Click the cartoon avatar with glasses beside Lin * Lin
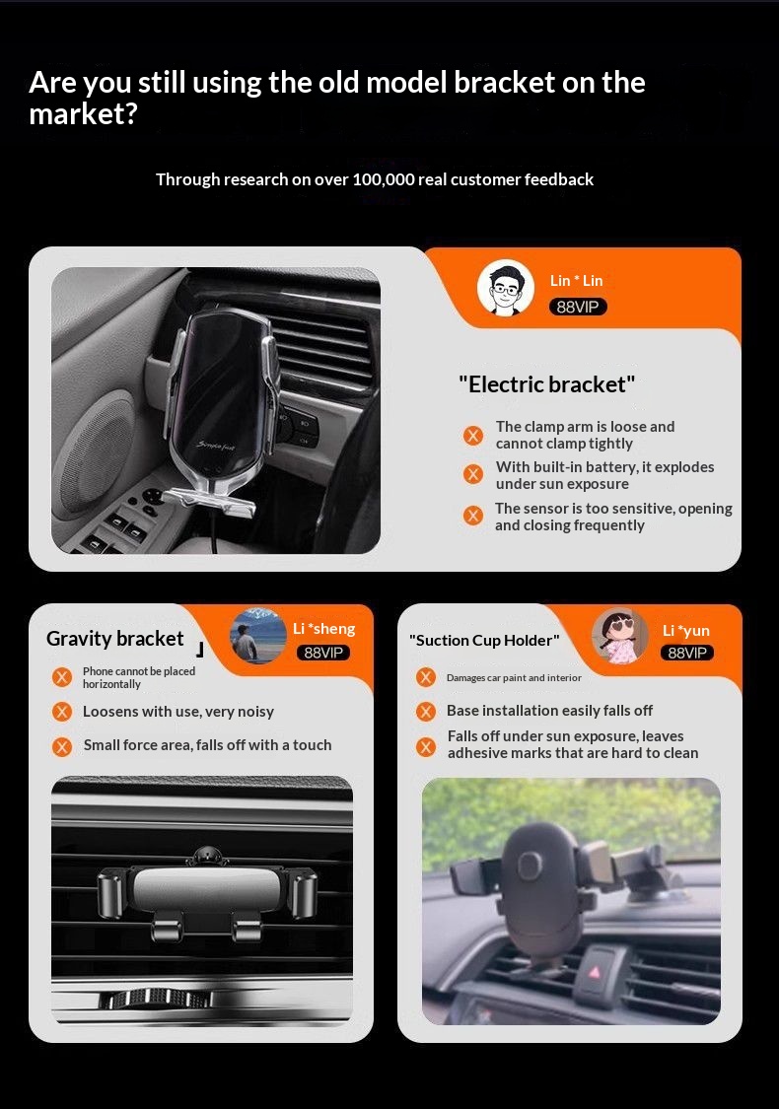505,287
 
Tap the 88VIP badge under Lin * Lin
578,307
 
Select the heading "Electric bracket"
547,384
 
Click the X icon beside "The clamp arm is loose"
473,435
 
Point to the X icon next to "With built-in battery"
473,474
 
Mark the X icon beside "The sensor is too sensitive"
473,516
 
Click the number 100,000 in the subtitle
384,179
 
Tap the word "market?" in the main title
84,114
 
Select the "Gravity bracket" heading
114,639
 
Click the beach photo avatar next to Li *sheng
258,635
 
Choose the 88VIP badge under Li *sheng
323,653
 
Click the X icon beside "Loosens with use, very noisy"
62,712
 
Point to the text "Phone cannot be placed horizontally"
139,677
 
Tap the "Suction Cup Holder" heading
484,640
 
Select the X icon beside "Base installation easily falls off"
426,711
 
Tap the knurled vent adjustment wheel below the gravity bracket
156,999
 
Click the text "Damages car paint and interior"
514,677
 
